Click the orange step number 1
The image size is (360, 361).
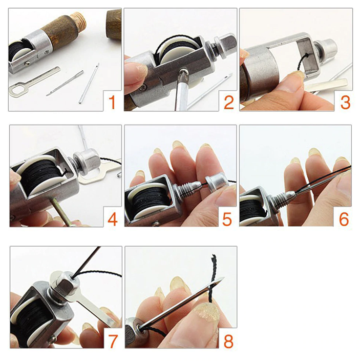tap(112, 103)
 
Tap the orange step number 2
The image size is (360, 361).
tap(228, 103)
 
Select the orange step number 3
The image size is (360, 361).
tap(345, 103)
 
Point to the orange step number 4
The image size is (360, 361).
tap(113, 219)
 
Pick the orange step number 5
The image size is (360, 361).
tap(227, 219)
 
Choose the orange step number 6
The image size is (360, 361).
tap(344, 219)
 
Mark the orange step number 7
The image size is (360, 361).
tap(113, 341)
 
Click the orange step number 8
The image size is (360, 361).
tap(228, 341)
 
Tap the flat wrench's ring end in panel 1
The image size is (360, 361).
tap(16, 89)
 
